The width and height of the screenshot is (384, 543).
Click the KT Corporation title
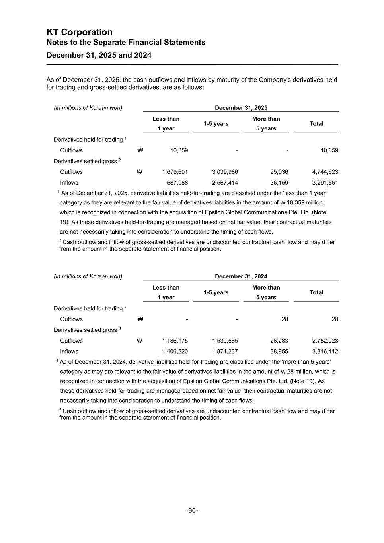tap(80, 32)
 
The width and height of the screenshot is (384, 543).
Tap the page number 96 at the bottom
tap(192, 510)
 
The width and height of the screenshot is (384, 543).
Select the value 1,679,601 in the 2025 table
tap(175, 172)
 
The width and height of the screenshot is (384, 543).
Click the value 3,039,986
tap(225, 172)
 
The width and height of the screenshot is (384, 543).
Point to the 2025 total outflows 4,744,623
tap(325, 172)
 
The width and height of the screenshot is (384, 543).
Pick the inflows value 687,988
tap(177, 183)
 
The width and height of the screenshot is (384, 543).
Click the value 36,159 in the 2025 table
tap(278, 183)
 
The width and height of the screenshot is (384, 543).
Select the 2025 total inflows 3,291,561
tap(325, 183)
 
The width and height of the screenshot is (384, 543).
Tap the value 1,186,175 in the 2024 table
tap(175, 341)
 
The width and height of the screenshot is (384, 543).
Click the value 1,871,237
tap(225, 351)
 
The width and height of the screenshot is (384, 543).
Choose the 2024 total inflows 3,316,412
tap(325, 351)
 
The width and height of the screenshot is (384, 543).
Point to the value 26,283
tap(278, 341)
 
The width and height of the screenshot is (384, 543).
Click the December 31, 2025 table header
tap(241, 108)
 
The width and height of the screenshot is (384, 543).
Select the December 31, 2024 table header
tap(241, 276)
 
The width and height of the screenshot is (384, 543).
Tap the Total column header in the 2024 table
tap(316, 292)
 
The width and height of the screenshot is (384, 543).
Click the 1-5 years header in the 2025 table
tap(216, 124)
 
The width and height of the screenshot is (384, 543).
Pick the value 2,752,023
tap(325, 341)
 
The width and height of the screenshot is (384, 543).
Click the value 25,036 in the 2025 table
tap(278, 172)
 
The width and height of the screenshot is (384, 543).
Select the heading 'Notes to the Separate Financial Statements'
tap(126, 43)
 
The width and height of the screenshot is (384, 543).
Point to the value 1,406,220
tap(175, 351)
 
